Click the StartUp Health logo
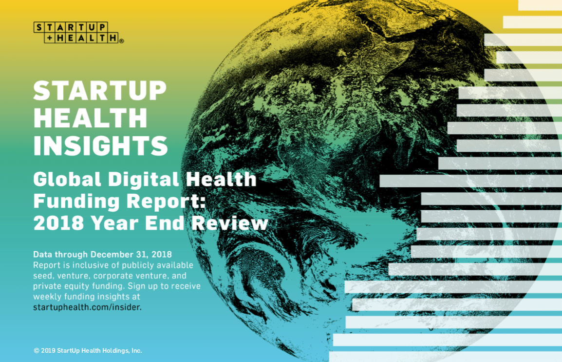76,32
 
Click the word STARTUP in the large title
100,91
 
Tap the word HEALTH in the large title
90,118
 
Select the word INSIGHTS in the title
100,145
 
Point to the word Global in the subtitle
67,179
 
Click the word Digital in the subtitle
143,179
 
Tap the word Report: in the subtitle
166,201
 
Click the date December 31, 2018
131,254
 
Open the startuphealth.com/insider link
87,307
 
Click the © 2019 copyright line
88,350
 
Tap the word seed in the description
43,276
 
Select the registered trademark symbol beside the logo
121,41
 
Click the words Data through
60,254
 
